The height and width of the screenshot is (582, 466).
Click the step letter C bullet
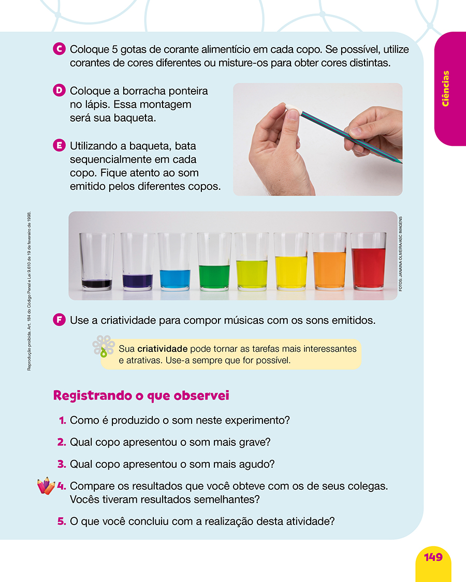coord(59,49)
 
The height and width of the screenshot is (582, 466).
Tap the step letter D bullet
coord(59,91)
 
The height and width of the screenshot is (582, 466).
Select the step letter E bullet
coord(59,145)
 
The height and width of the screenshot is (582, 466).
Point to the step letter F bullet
coord(59,320)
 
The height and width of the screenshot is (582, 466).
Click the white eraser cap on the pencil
coord(294,109)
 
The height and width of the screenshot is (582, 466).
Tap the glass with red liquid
coord(368,261)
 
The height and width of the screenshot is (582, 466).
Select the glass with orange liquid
coord(329,261)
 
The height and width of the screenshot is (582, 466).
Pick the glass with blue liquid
coord(175,261)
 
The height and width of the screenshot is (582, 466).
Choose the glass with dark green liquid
coord(214,261)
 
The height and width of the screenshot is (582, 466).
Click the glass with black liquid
coord(97,261)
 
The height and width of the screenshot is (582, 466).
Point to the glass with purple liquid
coord(138,261)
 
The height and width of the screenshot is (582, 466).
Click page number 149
coord(433,557)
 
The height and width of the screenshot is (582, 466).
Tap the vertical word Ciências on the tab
coord(445,88)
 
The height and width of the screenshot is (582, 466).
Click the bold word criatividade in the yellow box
coord(163,349)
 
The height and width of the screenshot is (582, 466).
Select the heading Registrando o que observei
coord(141,396)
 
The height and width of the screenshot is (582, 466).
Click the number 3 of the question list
coord(62,465)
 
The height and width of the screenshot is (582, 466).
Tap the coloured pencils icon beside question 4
coord(46,485)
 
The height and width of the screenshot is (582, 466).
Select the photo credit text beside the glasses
coord(400,254)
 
